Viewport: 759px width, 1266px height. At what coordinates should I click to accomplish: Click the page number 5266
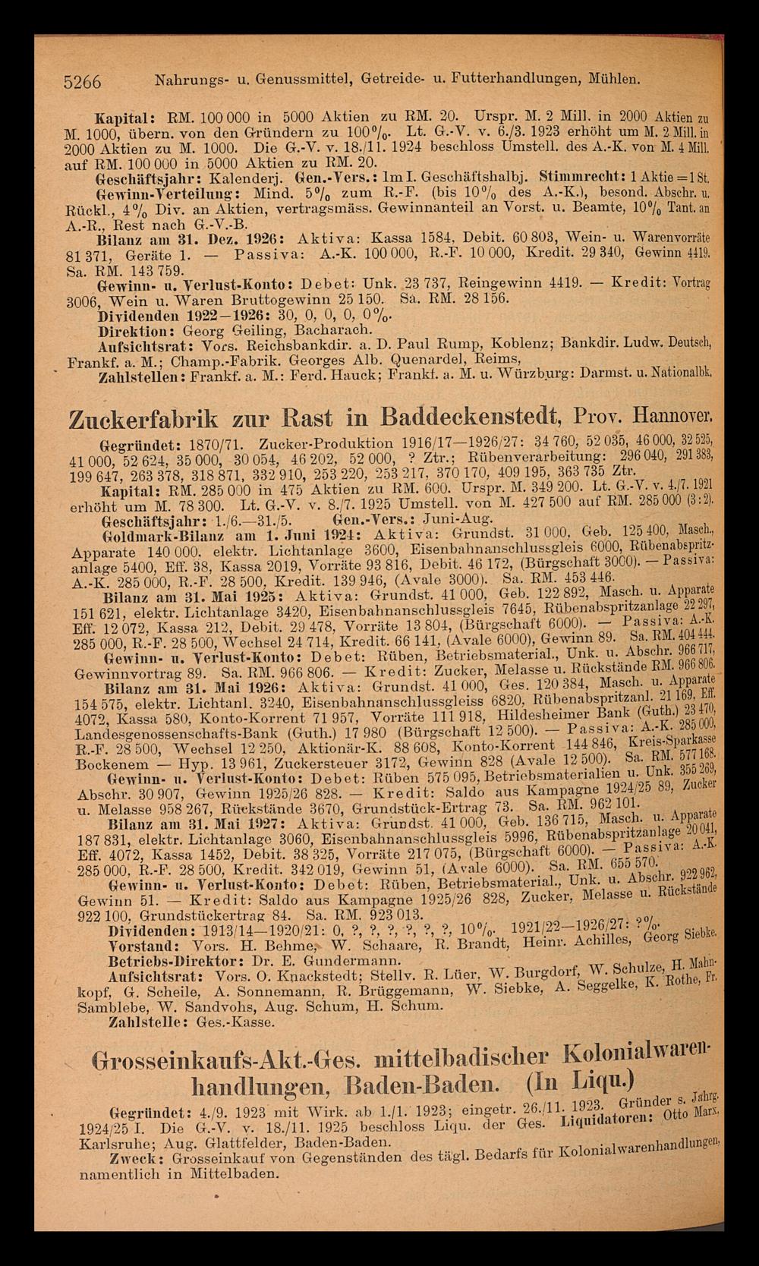(83, 80)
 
